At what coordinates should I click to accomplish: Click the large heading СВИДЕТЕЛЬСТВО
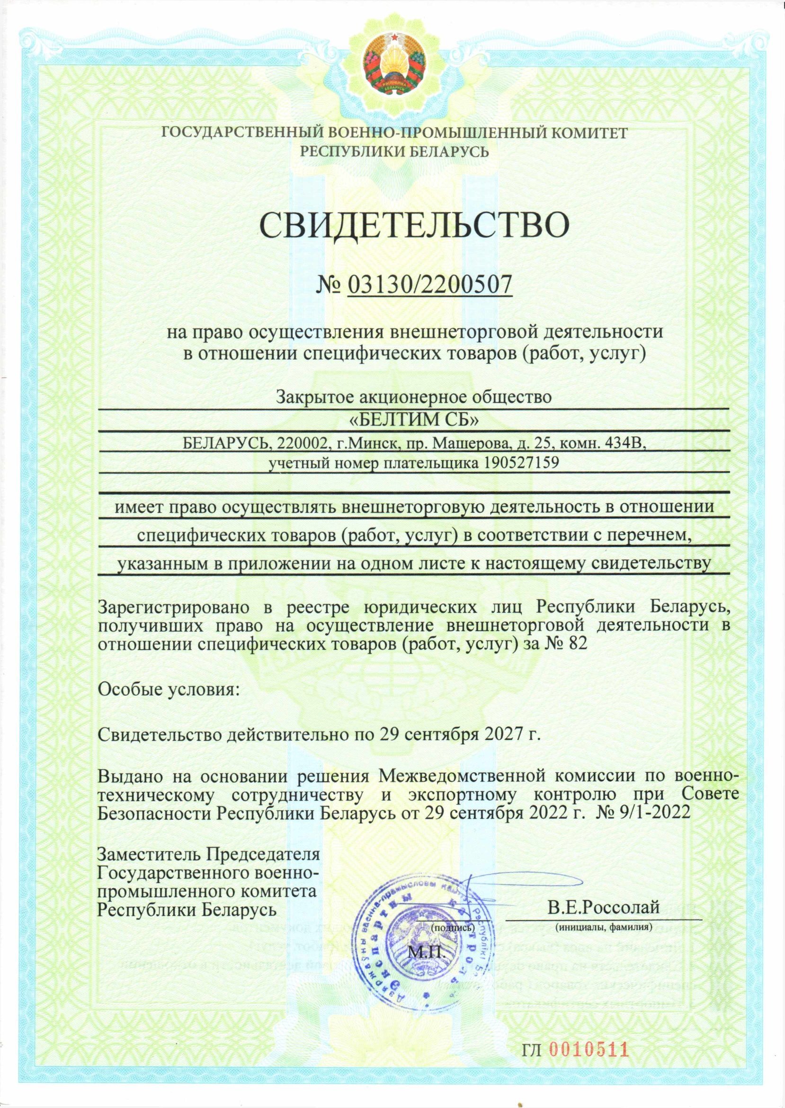click(415, 225)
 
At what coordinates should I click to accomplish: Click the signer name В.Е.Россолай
click(603, 907)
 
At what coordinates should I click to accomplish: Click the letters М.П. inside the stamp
click(425, 952)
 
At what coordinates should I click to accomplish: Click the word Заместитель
click(150, 854)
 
